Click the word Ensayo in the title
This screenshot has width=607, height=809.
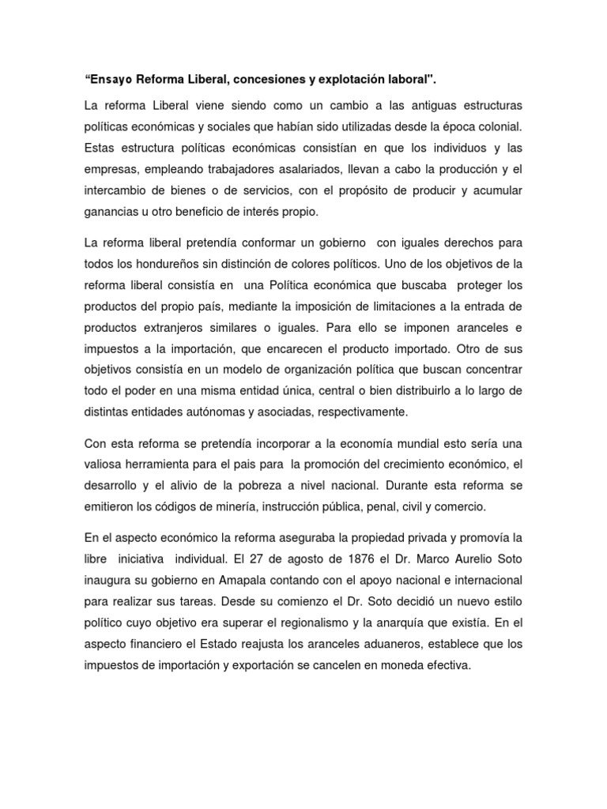(x=111, y=80)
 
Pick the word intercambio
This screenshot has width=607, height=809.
(x=119, y=190)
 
